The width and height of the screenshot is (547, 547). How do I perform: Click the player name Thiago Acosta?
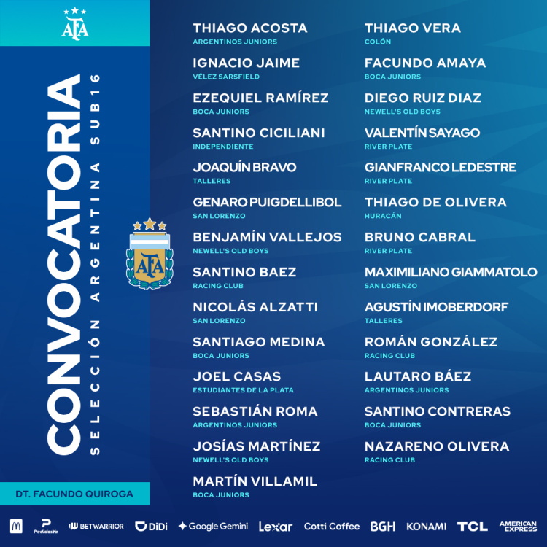coord(250,28)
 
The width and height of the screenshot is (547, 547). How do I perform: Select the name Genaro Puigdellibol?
coord(267,203)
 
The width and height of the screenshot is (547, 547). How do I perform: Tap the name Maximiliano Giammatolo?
coord(451,272)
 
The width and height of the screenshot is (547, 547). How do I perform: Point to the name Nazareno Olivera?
coord(437,446)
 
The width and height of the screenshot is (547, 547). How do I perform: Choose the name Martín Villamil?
coord(255,481)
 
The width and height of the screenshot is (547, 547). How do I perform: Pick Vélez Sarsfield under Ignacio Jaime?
coord(226,77)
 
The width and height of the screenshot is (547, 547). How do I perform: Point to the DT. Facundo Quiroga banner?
coord(75,494)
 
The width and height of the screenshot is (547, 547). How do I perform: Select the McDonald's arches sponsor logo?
coord(16,526)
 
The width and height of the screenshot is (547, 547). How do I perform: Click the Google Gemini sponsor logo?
coord(213,526)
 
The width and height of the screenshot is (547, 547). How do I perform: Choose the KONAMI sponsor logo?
coord(427,526)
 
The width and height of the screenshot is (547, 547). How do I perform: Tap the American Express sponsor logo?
coord(518,526)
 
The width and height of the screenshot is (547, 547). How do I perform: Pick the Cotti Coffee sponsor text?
coord(332,526)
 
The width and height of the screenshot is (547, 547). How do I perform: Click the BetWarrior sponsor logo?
coord(96,526)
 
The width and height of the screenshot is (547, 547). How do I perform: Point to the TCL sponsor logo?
coord(472,526)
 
